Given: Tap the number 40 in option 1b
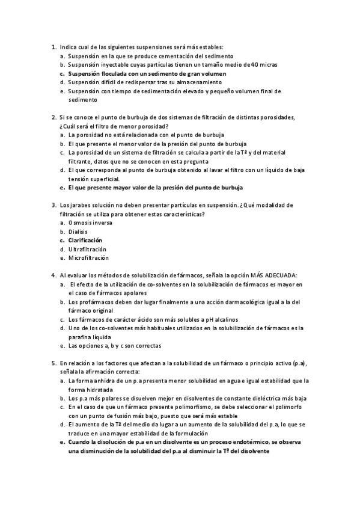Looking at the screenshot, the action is [255, 64].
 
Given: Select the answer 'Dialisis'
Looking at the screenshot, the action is [79, 232].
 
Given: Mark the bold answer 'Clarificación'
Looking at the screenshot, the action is [85, 241].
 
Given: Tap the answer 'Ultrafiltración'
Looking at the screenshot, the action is [87, 249].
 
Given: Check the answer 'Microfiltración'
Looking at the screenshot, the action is [88, 258].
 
